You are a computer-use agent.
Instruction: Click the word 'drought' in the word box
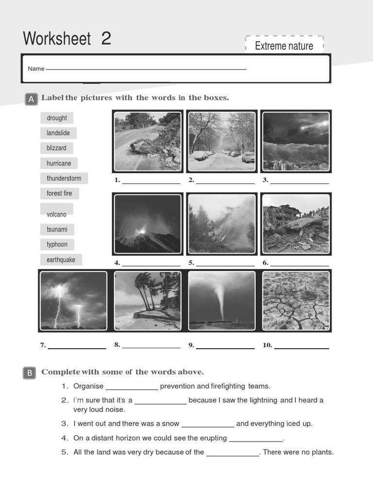(x=57, y=118)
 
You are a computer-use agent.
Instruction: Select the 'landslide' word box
(x=58, y=133)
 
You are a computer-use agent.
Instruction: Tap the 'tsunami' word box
(x=57, y=230)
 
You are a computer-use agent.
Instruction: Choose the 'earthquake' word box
(x=61, y=260)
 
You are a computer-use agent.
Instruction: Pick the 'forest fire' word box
(x=59, y=194)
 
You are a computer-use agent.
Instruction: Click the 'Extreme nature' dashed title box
(x=284, y=46)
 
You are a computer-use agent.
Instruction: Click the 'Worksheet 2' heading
(x=67, y=38)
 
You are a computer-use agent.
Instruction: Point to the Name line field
(x=146, y=69)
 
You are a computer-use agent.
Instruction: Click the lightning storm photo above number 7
(x=73, y=301)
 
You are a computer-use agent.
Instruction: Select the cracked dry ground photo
(x=296, y=301)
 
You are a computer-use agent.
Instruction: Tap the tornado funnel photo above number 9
(x=221, y=301)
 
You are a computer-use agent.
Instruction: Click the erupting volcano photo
(x=148, y=224)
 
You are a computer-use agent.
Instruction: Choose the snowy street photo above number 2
(x=221, y=141)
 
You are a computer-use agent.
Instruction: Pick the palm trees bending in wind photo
(x=148, y=301)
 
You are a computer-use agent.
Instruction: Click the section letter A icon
(x=31, y=99)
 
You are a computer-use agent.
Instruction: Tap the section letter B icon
(x=29, y=373)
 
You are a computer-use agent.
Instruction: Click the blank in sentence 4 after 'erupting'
(x=255, y=439)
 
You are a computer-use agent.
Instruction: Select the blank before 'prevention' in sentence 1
(x=132, y=387)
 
